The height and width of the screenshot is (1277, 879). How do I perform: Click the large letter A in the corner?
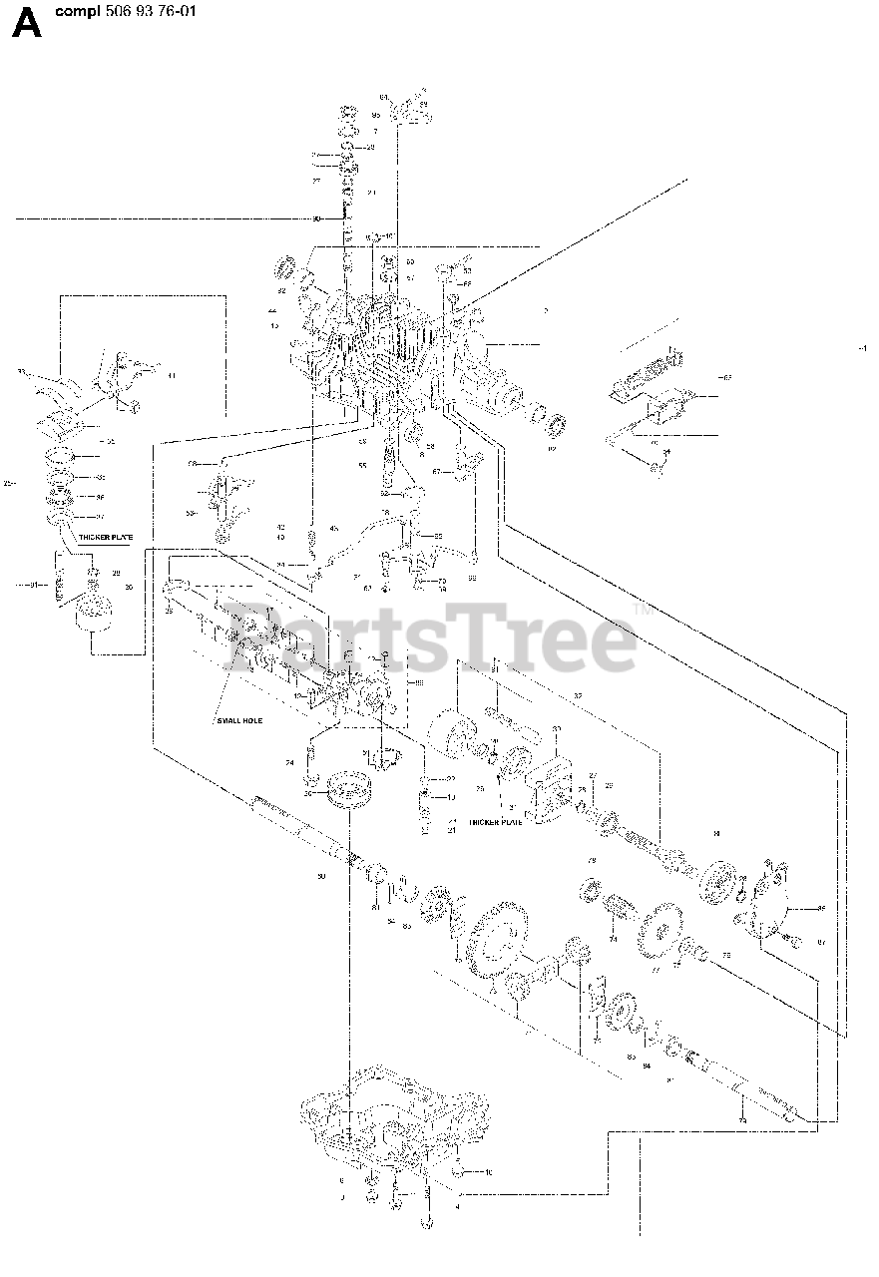click(27, 22)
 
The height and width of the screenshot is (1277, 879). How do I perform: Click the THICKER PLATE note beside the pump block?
click(495, 822)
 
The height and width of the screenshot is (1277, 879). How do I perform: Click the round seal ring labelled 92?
click(556, 426)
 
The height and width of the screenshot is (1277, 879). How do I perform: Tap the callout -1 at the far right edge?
click(861, 347)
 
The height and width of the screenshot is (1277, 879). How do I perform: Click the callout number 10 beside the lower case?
click(488, 1172)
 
